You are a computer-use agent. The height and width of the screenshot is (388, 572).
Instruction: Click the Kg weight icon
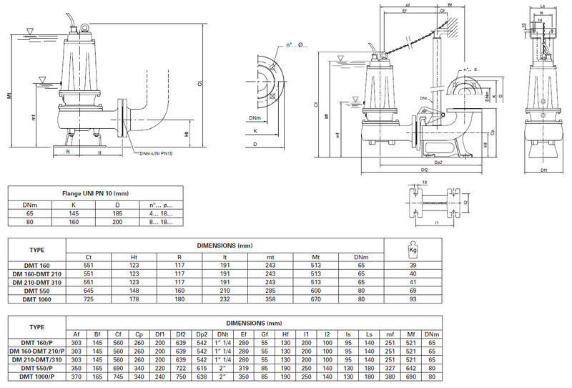[413, 249]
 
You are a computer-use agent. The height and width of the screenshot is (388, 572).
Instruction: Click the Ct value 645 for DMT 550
[89, 291]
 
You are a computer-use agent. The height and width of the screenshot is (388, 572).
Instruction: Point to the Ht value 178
[134, 299]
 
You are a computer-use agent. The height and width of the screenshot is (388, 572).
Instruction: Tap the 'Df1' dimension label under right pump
[543, 170]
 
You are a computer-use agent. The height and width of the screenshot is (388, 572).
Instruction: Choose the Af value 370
[77, 376]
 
